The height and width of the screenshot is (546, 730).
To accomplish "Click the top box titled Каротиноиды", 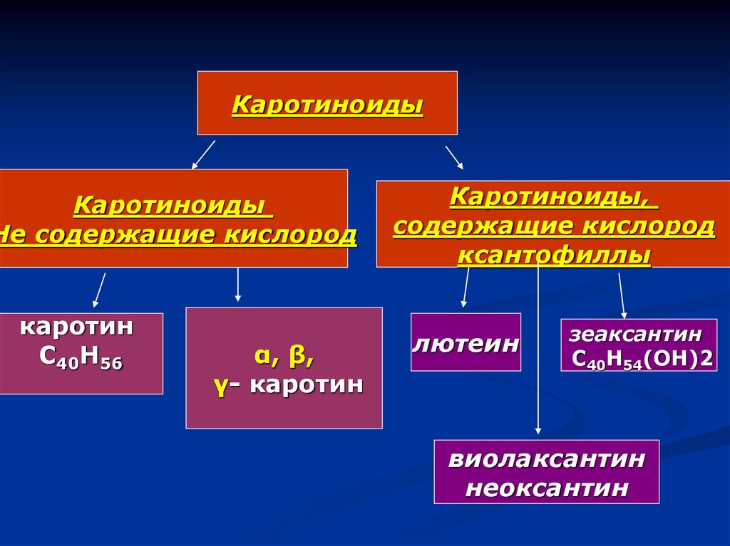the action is [327, 103].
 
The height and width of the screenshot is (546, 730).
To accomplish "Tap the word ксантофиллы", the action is [554, 255].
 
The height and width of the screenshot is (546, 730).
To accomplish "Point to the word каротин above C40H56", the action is [76, 328].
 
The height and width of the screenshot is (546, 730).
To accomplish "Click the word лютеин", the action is [466, 343].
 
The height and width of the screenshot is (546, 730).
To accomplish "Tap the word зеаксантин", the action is [635, 334].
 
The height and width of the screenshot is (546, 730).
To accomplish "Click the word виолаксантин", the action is [547, 459].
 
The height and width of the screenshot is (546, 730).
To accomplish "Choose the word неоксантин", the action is [547, 489].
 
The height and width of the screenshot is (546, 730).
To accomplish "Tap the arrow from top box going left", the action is [203, 154].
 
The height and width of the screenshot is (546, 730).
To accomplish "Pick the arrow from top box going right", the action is [454, 157].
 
